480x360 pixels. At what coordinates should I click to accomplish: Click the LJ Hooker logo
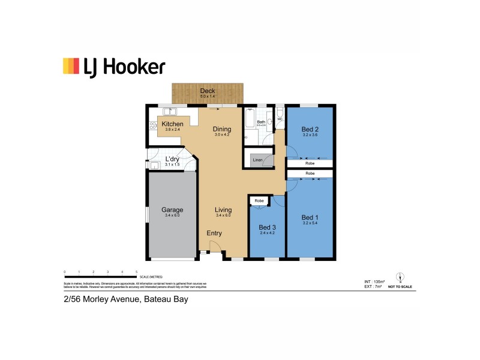point(113,66)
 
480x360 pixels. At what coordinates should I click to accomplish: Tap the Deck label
point(207,91)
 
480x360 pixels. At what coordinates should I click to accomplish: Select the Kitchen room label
point(173,124)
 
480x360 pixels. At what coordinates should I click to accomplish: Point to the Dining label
point(223,128)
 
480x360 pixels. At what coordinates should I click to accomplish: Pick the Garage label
point(172,210)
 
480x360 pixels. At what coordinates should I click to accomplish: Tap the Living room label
point(223,210)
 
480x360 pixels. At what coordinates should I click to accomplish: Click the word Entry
point(214,233)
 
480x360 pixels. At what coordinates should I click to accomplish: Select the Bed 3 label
point(268,227)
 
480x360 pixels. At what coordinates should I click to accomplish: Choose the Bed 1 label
point(309,217)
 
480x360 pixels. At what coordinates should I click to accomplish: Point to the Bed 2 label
point(309,129)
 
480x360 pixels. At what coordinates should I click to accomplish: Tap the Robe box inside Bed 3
point(259,200)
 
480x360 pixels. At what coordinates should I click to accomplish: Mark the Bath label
point(261,122)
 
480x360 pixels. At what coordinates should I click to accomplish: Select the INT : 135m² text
point(374,281)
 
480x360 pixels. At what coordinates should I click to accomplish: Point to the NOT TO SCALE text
point(400,288)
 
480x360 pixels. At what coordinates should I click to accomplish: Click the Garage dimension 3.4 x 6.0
point(172,215)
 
